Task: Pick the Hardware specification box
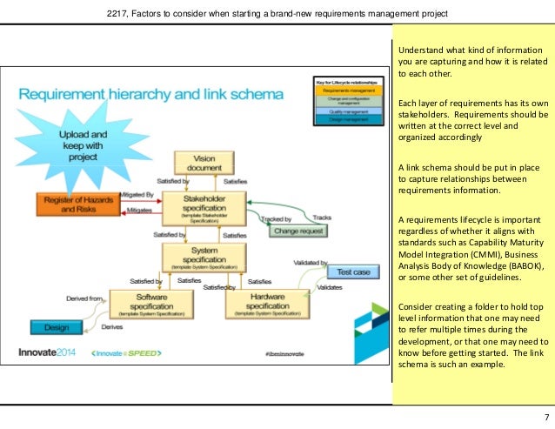click(262, 303)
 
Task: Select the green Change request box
click(298, 231)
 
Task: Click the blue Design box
click(49, 327)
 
